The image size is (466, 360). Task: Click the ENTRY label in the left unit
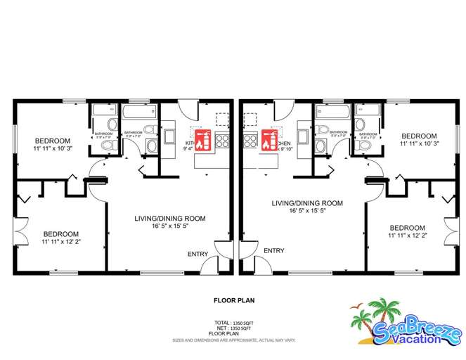198,254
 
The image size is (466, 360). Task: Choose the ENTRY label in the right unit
273,250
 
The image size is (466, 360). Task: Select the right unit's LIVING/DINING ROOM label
308,203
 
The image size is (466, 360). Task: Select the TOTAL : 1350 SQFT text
233,322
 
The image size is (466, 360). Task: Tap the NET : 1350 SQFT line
233,327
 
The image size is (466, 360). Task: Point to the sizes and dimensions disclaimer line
233,340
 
